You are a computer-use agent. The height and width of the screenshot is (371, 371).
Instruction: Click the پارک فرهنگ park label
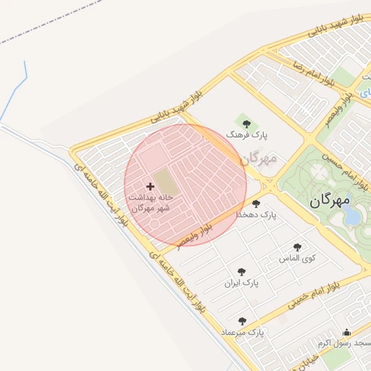click(x=246, y=135)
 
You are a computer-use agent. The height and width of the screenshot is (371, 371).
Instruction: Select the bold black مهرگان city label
click(x=330, y=200)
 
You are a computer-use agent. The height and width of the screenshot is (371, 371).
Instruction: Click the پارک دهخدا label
click(x=257, y=215)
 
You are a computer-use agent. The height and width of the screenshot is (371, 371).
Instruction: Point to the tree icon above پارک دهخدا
click(x=256, y=204)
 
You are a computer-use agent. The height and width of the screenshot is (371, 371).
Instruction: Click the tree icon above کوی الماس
click(x=296, y=247)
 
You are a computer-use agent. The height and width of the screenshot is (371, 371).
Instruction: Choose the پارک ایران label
click(x=241, y=282)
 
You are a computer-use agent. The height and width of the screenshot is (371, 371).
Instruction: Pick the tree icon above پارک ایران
click(x=241, y=271)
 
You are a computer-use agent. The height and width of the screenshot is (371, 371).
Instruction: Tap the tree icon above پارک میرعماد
click(x=242, y=321)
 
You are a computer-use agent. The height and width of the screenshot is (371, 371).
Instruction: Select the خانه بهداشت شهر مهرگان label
click(x=151, y=202)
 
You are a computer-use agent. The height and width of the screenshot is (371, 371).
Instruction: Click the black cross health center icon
click(x=151, y=187)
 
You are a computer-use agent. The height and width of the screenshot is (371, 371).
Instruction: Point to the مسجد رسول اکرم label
click(x=344, y=343)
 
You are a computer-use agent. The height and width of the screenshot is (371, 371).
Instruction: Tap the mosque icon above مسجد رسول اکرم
click(x=346, y=333)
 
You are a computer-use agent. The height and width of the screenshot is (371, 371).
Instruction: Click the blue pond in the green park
click(x=351, y=214)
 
